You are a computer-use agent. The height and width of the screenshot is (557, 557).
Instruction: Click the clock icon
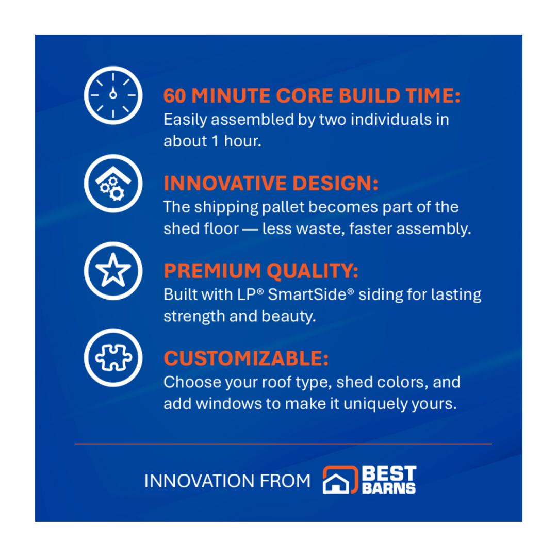click(x=113, y=95)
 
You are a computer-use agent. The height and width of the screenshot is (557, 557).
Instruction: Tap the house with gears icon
click(x=113, y=184)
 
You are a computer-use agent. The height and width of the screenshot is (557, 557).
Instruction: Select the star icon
click(x=113, y=271)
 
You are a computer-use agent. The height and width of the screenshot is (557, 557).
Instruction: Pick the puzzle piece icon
click(x=113, y=358)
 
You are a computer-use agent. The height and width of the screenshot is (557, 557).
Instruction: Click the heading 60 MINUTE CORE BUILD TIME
click(x=312, y=96)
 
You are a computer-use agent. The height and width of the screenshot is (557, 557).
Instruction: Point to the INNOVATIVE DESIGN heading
click(x=271, y=184)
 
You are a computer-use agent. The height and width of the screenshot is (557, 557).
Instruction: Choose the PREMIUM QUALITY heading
click(x=261, y=271)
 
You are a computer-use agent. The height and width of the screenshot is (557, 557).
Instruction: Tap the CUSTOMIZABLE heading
click(x=246, y=358)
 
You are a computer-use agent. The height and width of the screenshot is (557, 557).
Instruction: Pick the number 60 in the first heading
click(x=177, y=96)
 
